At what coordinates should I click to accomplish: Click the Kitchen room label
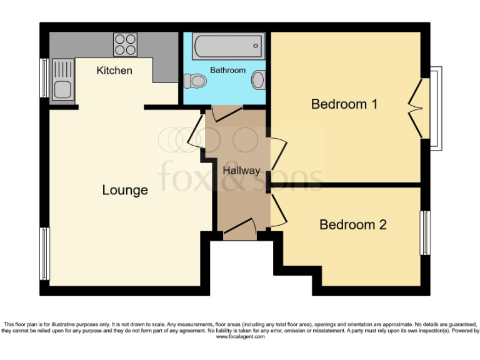[x=114, y=71]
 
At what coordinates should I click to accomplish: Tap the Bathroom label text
[x=227, y=70]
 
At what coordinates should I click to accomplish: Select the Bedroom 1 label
[x=344, y=104]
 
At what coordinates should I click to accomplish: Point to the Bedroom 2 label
[x=353, y=224]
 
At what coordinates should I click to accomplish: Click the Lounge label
[x=125, y=190]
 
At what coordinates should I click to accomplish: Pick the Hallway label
[x=241, y=170]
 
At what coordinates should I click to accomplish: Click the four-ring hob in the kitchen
[x=125, y=44]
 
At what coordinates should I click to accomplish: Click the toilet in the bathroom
[x=196, y=81]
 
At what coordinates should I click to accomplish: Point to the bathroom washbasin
[x=258, y=80]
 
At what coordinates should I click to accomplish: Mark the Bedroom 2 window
[x=425, y=232]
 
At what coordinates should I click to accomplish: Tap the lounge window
[x=45, y=253]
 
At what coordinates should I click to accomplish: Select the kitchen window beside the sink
[x=44, y=77]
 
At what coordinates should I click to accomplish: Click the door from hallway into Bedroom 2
[x=277, y=211]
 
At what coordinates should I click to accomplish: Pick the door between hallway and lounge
[x=195, y=132]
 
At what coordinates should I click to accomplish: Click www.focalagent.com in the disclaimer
[x=240, y=336]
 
